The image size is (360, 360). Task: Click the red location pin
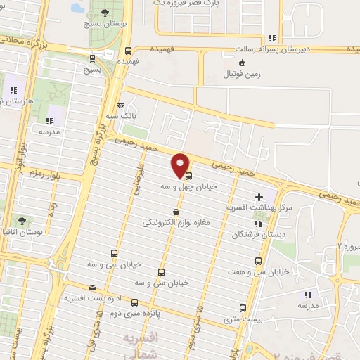coord(180,164)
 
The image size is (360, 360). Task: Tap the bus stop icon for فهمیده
coord(128,51)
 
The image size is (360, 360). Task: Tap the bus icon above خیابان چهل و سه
coord(188,176)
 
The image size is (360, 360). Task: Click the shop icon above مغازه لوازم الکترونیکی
coord(174,212)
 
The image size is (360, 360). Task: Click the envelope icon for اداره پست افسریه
coord(93,287)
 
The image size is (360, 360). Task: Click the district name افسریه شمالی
coord(141,345)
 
